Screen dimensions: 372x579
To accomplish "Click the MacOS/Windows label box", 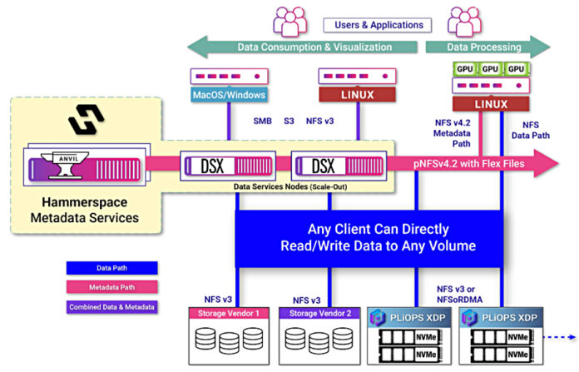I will click(x=228, y=95).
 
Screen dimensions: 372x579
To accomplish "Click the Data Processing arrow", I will click(x=487, y=47).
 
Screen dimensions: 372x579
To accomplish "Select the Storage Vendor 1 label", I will click(x=229, y=313).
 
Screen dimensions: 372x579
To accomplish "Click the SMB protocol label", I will click(x=263, y=122).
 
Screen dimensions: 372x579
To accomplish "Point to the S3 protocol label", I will click(x=289, y=122).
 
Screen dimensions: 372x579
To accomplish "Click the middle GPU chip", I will click(x=491, y=68).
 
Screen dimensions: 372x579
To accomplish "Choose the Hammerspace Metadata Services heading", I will click(x=92, y=211).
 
